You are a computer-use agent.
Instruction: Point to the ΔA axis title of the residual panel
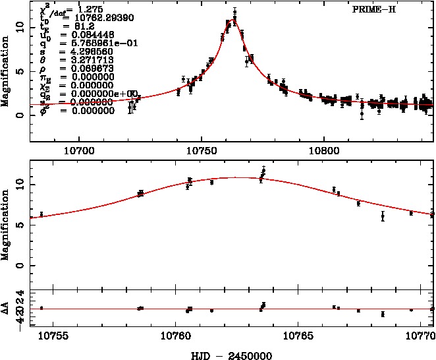[6, 308]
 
